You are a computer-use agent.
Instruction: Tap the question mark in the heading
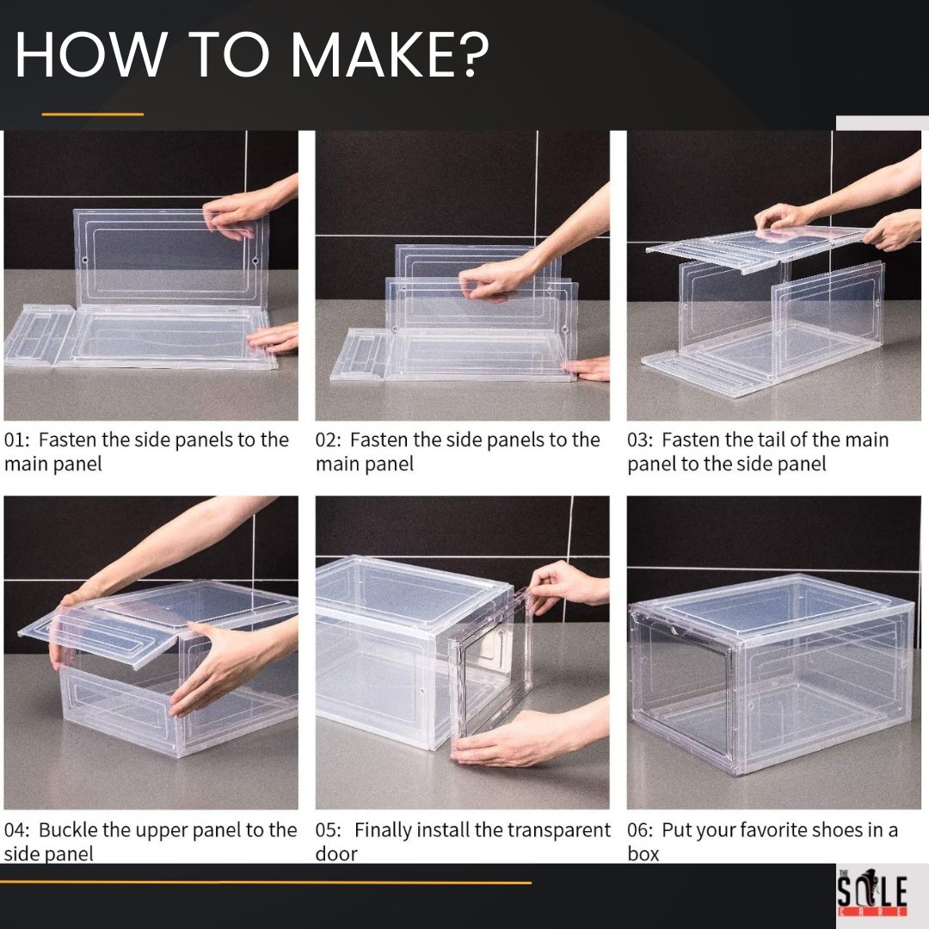[474, 54]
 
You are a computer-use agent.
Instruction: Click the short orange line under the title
[92, 114]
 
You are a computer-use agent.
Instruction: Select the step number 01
[15, 440]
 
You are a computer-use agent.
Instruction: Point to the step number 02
[328, 440]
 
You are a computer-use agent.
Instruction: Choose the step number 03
[639, 440]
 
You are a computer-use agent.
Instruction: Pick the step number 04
[15, 830]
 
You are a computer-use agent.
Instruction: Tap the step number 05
[328, 830]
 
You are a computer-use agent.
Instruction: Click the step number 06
[639, 830]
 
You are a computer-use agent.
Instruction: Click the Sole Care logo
[872, 893]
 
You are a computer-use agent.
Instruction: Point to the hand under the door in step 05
[521, 738]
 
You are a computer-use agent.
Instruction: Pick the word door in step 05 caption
[336, 854]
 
